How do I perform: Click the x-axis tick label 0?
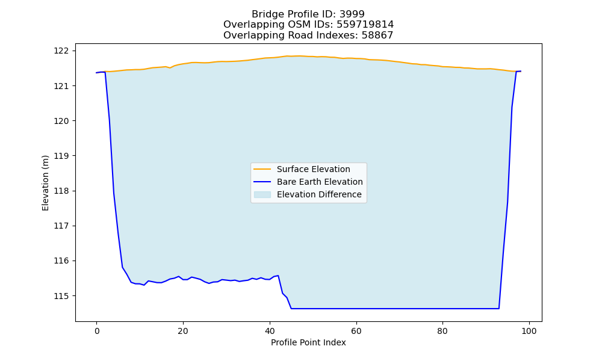point(97,331)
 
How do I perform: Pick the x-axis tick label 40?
point(270,331)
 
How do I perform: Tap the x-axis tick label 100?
point(529,331)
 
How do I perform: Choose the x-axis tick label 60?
point(356,331)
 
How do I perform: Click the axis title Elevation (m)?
point(45,183)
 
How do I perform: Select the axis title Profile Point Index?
point(308,342)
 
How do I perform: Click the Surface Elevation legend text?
point(313,169)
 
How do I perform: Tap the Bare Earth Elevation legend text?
point(320,182)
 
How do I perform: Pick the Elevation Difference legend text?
point(319,194)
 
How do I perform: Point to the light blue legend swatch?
point(262,194)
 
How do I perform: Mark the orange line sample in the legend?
point(262,169)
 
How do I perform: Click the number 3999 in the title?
point(352,14)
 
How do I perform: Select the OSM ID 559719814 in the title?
point(365,25)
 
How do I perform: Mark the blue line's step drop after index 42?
point(285,292)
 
